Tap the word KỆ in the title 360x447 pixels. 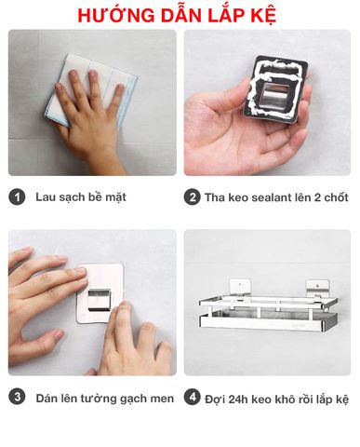pos(264,16)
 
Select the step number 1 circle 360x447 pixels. pos(17,197)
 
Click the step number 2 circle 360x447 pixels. pos(193,197)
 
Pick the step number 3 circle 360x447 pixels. pos(17,398)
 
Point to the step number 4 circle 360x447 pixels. pos(193,398)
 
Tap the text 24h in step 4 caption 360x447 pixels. pos(238,400)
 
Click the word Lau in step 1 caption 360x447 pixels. pos(45,197)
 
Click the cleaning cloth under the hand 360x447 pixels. pos(90,89)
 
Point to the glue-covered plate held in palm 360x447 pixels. pos(276,89)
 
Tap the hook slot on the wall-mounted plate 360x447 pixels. pos(100,300)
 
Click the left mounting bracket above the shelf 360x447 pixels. pos(240,290)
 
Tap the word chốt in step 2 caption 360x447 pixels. pos(336,197)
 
